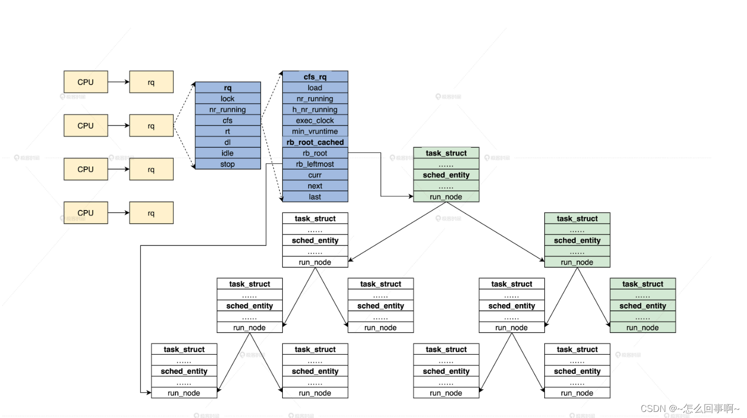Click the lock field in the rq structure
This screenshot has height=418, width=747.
coord(228,99)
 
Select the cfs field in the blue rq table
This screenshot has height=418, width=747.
coord(228,120)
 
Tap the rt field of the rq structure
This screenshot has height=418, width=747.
coord(228,132)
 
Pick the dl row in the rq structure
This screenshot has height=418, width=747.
coord(228,142)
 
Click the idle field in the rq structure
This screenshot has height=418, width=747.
coord(228,153)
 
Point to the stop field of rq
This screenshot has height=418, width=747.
coord(228,164)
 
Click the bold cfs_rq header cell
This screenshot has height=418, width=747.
coord(315,77)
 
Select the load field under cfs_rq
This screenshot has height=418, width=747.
coord(315,88)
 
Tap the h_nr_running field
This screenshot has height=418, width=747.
coord(315,109)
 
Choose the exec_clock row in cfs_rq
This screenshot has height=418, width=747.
coord(315,120)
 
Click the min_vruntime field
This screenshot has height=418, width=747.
coord(315,132)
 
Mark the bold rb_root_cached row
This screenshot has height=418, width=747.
coord(315,142)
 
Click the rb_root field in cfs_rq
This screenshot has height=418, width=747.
coord(315,153)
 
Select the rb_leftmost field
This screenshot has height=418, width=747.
coord(315,164)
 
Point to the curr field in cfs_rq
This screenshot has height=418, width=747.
coord(315,175)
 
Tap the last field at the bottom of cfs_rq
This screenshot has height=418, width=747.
coord(315,197)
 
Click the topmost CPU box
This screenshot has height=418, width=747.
coord(86,82)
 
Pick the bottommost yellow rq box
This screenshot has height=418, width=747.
coord(151,213)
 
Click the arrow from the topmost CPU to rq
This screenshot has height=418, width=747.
coord(119,82)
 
